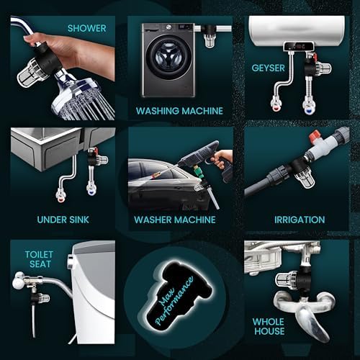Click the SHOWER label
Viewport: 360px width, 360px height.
pos(86,28)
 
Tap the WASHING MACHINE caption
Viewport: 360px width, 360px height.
pos(179,111)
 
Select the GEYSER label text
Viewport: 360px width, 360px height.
pos(268,68)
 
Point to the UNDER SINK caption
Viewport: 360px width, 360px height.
pos(63,220)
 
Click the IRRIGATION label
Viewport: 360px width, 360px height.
pos(300,220)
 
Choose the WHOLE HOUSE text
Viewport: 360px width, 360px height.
pos(269,326)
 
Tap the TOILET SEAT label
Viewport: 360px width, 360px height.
pos(39,259)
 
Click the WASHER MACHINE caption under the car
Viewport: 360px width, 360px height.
pos(175,220)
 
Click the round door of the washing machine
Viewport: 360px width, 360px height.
pos(169,58)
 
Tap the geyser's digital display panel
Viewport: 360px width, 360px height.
pos(299,46)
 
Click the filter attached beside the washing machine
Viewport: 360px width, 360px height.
pos(210,36)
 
